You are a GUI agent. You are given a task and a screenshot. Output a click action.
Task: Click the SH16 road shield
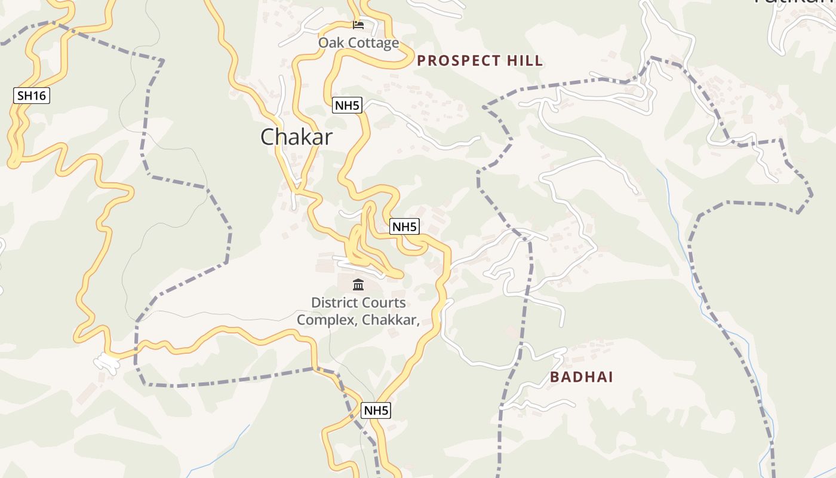pos(31,95)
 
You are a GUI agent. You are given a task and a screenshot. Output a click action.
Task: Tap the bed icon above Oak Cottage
pos(358,25)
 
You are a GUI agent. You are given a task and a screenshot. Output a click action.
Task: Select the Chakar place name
pos(296,137)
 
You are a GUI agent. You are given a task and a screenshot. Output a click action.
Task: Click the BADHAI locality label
pos(582,377)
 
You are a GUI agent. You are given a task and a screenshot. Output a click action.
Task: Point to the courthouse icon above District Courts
pos(358,284)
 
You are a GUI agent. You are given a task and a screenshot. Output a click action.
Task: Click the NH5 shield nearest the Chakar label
pos(347,106)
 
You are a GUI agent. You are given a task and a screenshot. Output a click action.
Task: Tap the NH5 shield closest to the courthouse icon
pos(404,227)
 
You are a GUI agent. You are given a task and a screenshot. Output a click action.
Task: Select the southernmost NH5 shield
pos(376,410)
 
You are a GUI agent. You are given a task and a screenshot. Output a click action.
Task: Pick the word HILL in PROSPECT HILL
pos(525,60)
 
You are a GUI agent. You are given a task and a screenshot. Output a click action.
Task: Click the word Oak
pos(330,43)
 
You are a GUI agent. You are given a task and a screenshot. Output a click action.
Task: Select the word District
pos(333,303)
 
